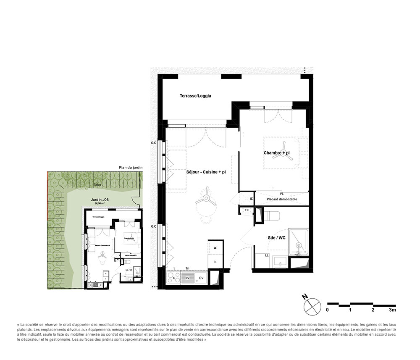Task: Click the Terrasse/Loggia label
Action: [x=195, y=96]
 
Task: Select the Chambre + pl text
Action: [x=277, y=153]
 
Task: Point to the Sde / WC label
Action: [x=276, y=238]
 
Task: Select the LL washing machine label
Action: [x=267, y=255]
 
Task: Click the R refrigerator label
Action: [x=215, y=248]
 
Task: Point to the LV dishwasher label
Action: [x=188, y=278]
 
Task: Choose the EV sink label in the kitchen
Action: [x=201, y=278]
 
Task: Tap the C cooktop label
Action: [x=173, y=278]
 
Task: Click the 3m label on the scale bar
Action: [x=392, y=310]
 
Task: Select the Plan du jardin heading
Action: [x=131, y=168]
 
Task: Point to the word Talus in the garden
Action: [x=97, y=184]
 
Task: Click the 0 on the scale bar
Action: [x=328, y=310]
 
